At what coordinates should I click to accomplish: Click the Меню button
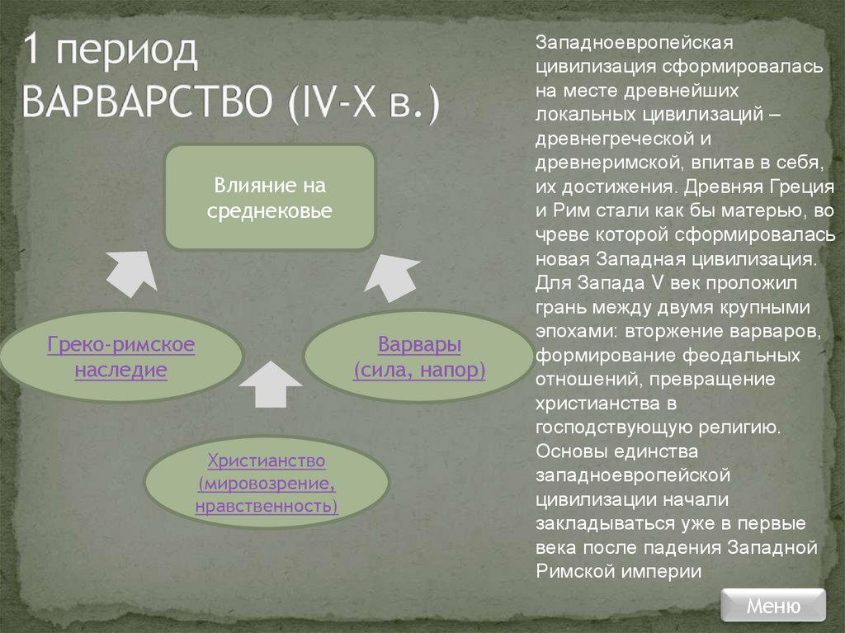click(x=772, y=606)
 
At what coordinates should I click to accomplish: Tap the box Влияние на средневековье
click(x=270, y=197)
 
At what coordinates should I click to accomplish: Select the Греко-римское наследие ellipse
click(x=120, y=357)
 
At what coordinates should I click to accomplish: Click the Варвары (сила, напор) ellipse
click(x=418, y=357)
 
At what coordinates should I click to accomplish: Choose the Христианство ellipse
click(x=267, y=483)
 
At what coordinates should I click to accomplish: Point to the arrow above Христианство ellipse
click(x=267, y=385)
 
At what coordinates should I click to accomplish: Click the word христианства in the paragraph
click(x=595, y=404)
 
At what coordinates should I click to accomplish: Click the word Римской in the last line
click(x=570, y=570)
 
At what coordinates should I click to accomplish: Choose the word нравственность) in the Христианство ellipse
click(x=267, y=504)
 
